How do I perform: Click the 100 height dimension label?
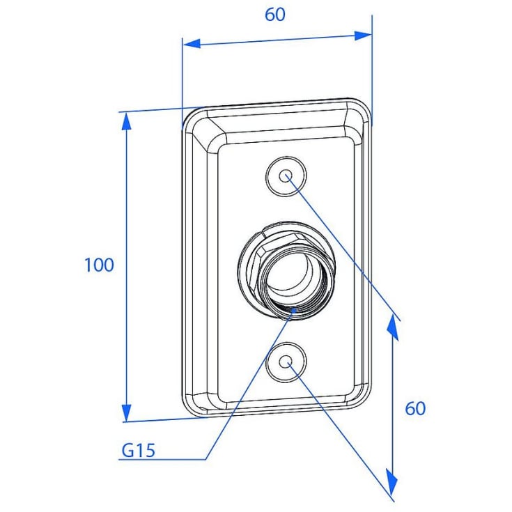99,265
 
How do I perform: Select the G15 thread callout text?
138,451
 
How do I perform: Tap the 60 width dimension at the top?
275,15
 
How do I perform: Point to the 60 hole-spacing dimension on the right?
415,408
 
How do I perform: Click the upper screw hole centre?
286,176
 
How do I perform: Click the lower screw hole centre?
286,362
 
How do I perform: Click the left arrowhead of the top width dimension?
192,43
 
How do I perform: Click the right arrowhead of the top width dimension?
363,36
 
